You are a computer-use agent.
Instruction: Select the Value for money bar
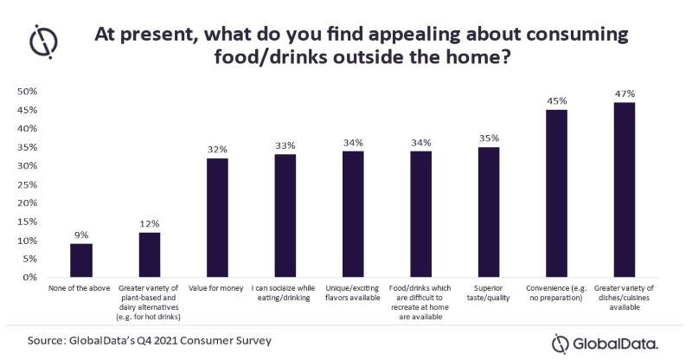point(218,218)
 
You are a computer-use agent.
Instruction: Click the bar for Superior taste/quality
point(489,212)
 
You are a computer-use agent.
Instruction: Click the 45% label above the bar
point(556,100)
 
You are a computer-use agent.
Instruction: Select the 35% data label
point(489,138)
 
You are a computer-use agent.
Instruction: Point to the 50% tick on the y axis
point(26,92)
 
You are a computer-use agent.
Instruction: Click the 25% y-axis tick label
point(26,184)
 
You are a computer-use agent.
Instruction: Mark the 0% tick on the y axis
point(29,278)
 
